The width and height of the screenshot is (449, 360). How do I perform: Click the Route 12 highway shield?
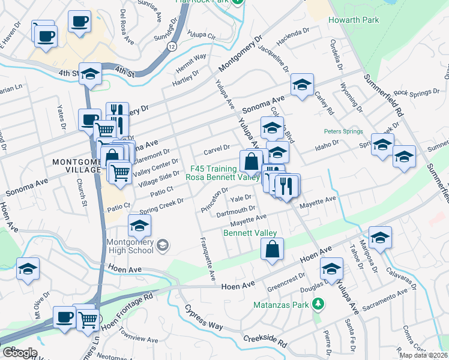click(173, 46)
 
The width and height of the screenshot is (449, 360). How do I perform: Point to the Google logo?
click(20, 353)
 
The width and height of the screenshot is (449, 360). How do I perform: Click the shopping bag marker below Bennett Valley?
click(272, 249)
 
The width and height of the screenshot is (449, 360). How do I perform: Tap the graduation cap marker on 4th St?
click(90, 74)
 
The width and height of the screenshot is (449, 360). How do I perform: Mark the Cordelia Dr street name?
click(336, 55)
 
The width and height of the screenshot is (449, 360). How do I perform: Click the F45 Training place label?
click(214, 169)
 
